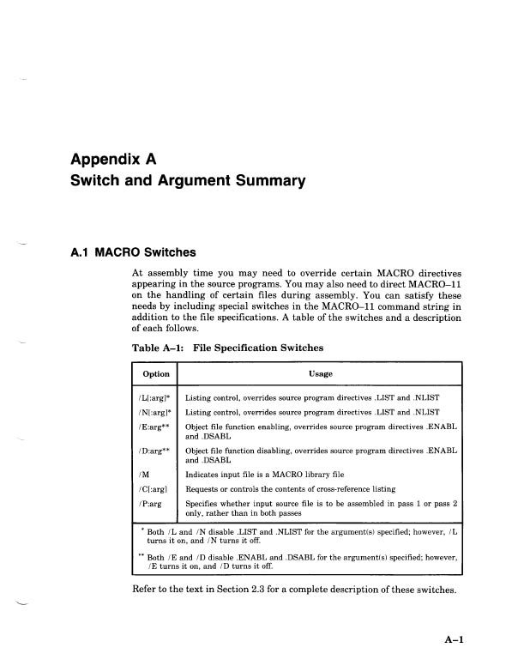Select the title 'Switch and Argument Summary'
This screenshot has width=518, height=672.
pos(188,181)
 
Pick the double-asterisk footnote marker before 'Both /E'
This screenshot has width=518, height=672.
pos(141,555)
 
